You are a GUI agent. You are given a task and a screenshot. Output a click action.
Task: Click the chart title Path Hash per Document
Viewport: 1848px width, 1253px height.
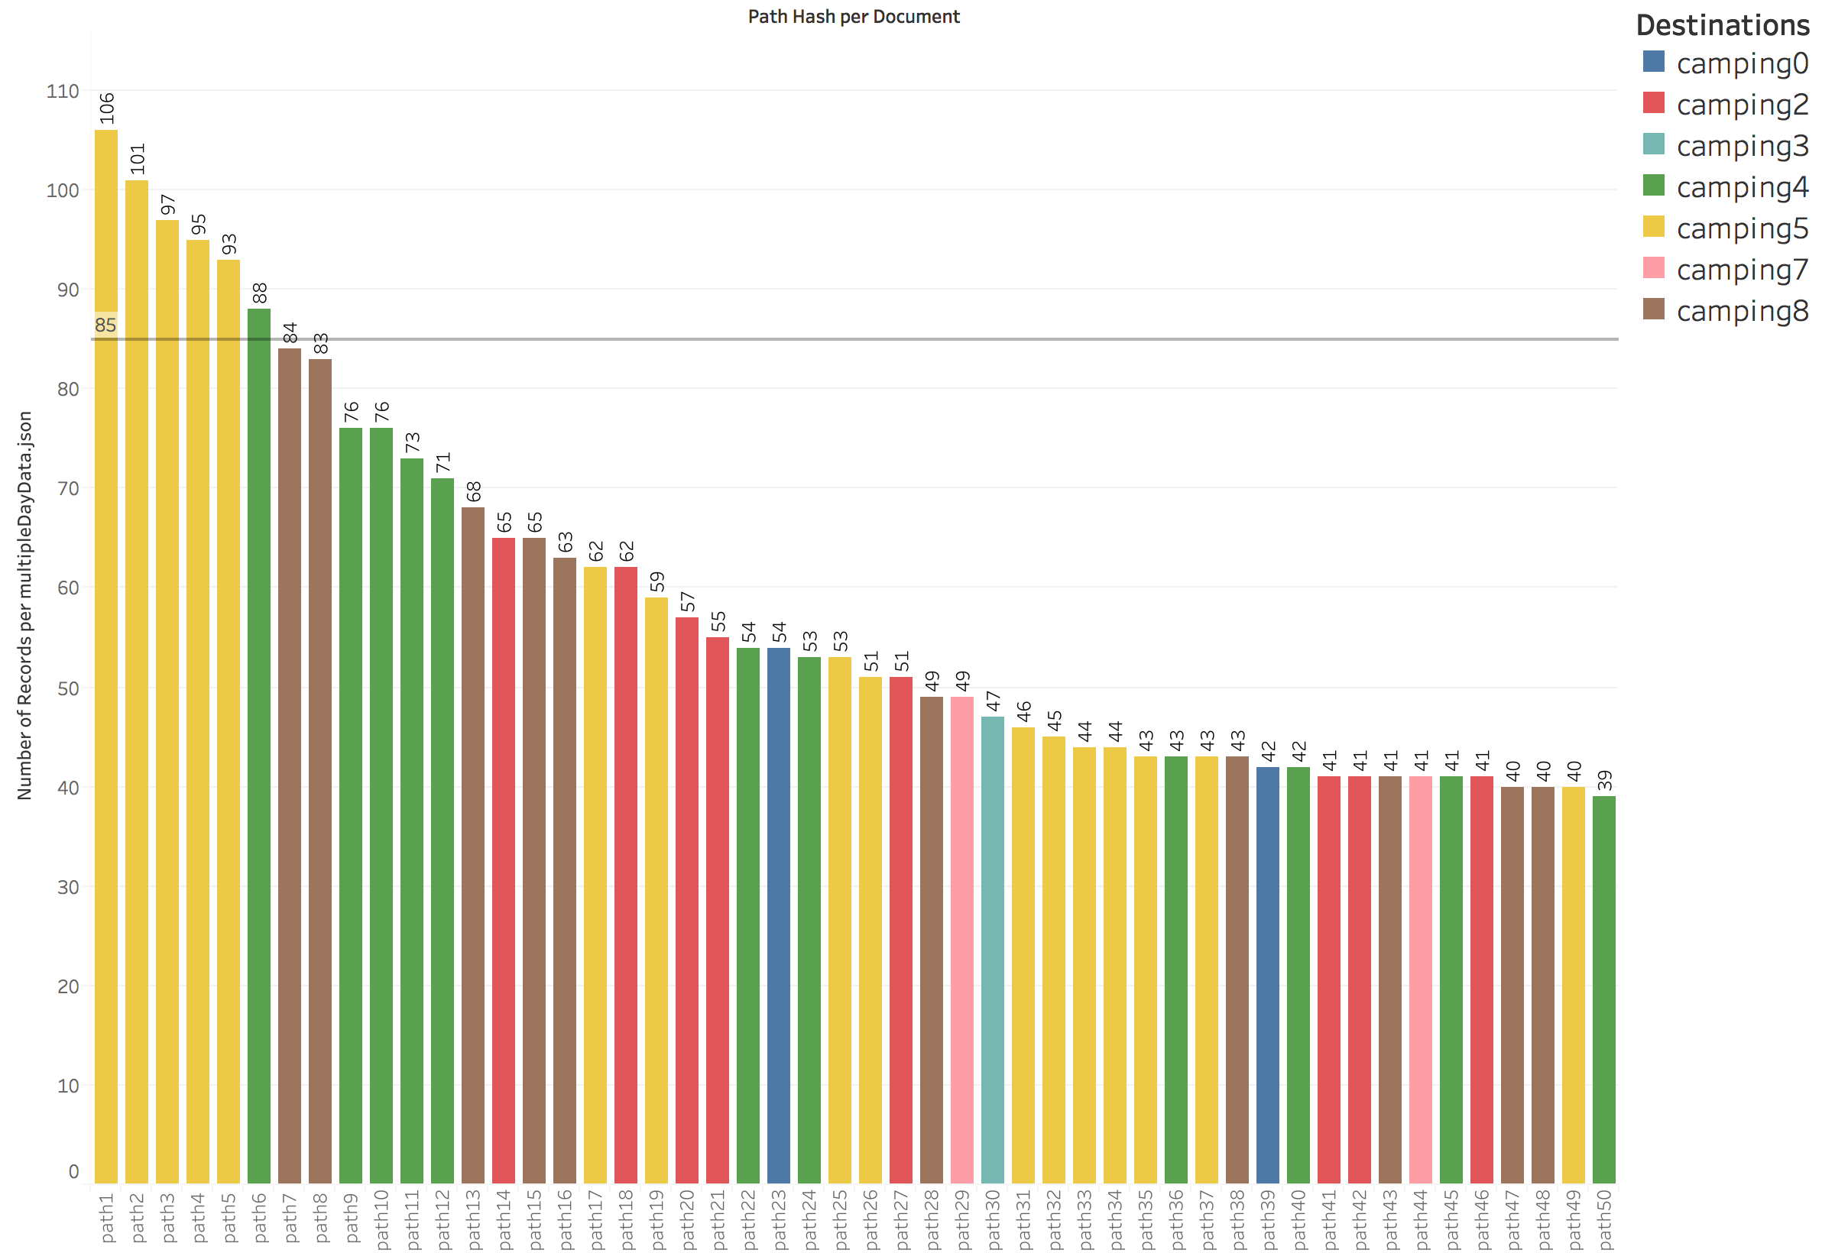coord(853,17)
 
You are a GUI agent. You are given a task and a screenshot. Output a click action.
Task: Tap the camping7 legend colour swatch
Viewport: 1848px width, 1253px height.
coord(1653,268)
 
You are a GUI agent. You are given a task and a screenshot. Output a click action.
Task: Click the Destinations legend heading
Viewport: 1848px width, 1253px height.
coord(1723,25)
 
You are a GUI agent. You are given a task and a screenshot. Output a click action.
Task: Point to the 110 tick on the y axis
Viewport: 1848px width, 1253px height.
coord(63,92)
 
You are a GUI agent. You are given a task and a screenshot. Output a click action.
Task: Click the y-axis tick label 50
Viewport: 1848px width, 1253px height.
coord(67,688)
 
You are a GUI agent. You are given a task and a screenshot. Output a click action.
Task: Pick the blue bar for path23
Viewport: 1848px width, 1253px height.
coord(779,915)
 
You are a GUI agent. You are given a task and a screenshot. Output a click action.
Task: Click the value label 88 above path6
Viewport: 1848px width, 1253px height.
coord(260,293)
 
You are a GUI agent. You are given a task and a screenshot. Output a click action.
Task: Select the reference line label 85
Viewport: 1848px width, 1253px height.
coord(105,325)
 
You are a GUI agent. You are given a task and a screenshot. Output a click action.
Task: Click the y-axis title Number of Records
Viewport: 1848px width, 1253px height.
coord(24,605)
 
